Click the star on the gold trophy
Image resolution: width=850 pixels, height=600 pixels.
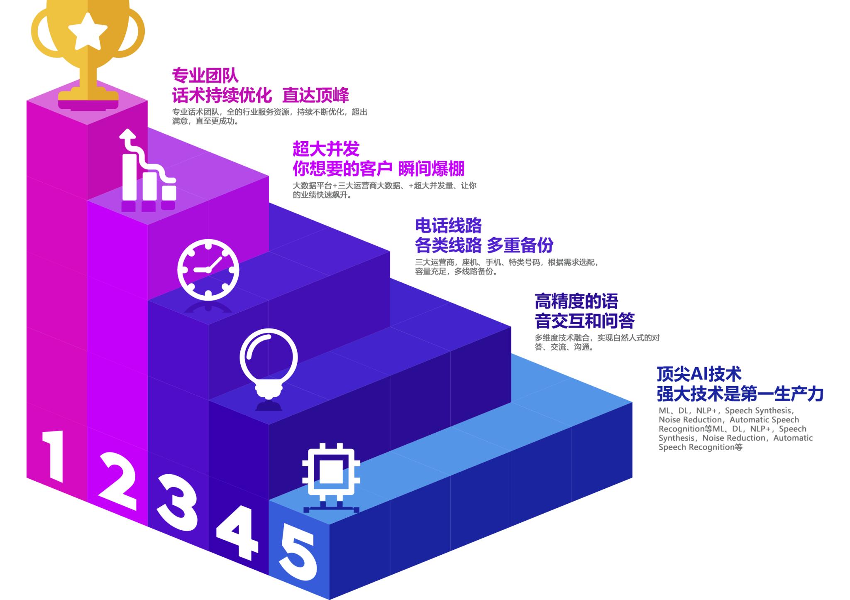[x=88, y=31]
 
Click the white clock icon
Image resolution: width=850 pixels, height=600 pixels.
[x=208, y=269]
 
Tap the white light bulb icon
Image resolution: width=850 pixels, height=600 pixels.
[x=269, y=361]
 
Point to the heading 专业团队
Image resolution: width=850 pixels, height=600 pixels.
[x=205, y=76]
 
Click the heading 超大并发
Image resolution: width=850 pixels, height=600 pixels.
[x=326, y=149]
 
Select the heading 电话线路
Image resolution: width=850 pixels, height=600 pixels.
[x=448, y=225]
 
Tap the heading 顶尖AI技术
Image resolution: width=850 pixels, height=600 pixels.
[x=699, y=374]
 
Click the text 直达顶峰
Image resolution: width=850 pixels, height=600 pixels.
[x=316, y=96]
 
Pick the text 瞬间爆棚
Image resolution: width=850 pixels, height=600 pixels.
[x=431, y=169]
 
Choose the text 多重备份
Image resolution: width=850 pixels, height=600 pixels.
[x=520, y=245]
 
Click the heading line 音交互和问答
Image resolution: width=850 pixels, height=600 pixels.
[x=585, y=321]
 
